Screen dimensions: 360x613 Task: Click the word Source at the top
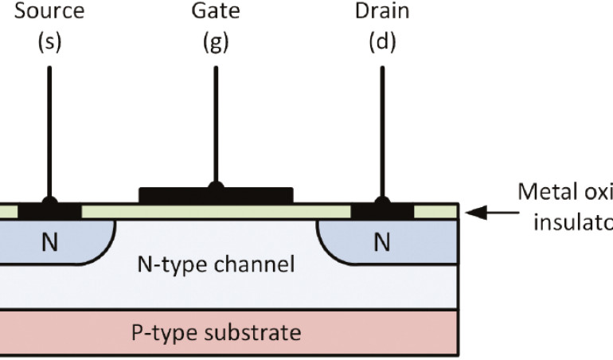point(49,14)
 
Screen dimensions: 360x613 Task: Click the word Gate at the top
point(215,14)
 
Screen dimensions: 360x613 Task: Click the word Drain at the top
point(382,14)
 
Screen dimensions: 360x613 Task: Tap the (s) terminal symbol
point(49,42)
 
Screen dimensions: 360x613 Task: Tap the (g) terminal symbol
point(215,42)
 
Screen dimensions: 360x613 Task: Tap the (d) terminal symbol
point(382,42)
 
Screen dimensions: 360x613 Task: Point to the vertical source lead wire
point(49,127)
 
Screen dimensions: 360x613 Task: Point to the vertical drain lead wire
point(382,127)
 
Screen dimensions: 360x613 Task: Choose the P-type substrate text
point(216,331)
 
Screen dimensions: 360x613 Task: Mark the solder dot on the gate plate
point(215,187)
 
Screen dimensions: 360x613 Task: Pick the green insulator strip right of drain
point(436,212)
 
